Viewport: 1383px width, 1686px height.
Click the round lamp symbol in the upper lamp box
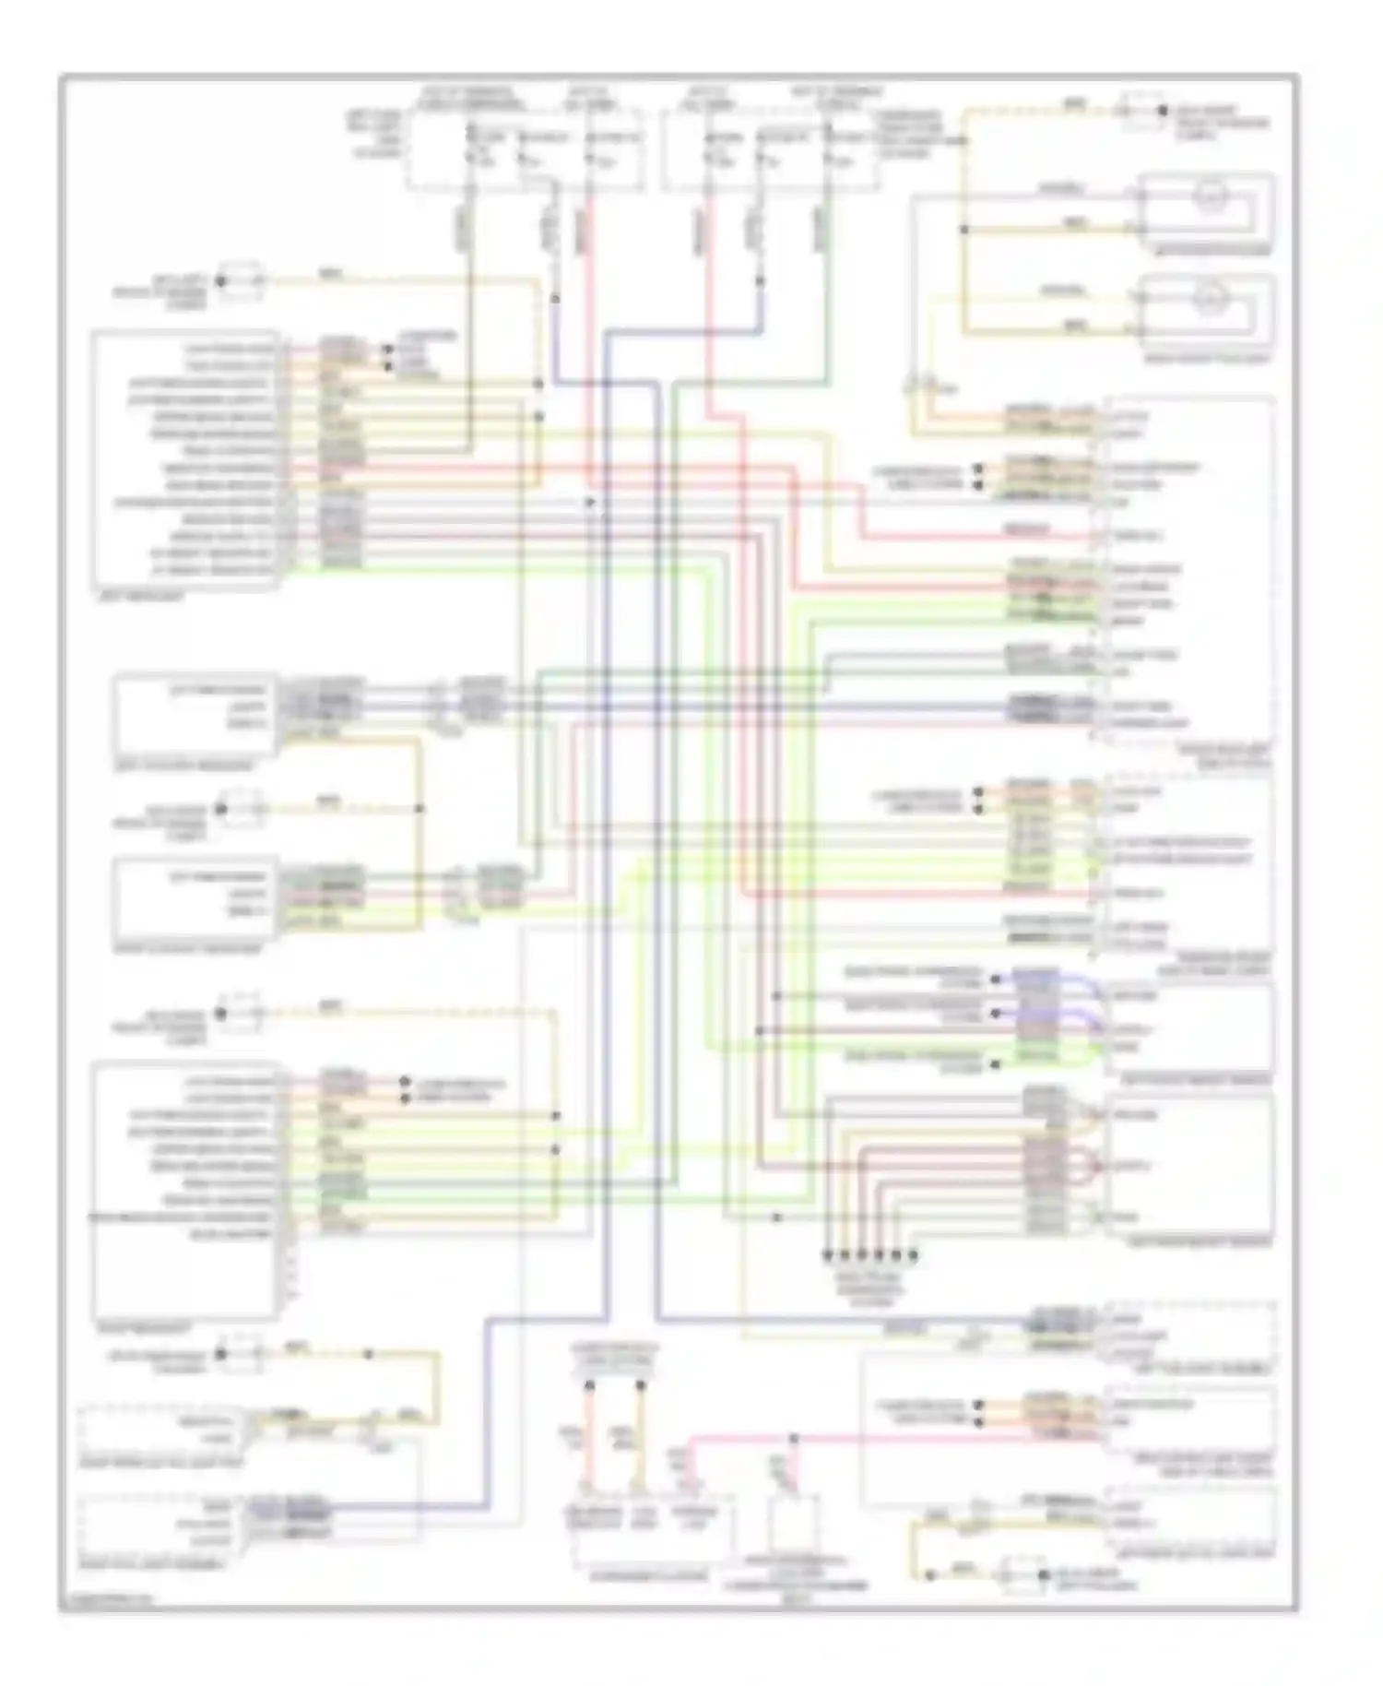click(x=1207, y=196)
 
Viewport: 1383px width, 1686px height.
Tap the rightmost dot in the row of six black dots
click(x=913, y=1255)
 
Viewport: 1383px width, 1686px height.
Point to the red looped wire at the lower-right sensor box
click(x=1093, y=1167)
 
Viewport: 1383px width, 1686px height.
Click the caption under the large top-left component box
click(x=138, y=597)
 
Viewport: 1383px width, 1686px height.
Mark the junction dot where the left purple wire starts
click(x=556, y=299)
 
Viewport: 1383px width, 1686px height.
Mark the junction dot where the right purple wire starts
click(x=761, y=282)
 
